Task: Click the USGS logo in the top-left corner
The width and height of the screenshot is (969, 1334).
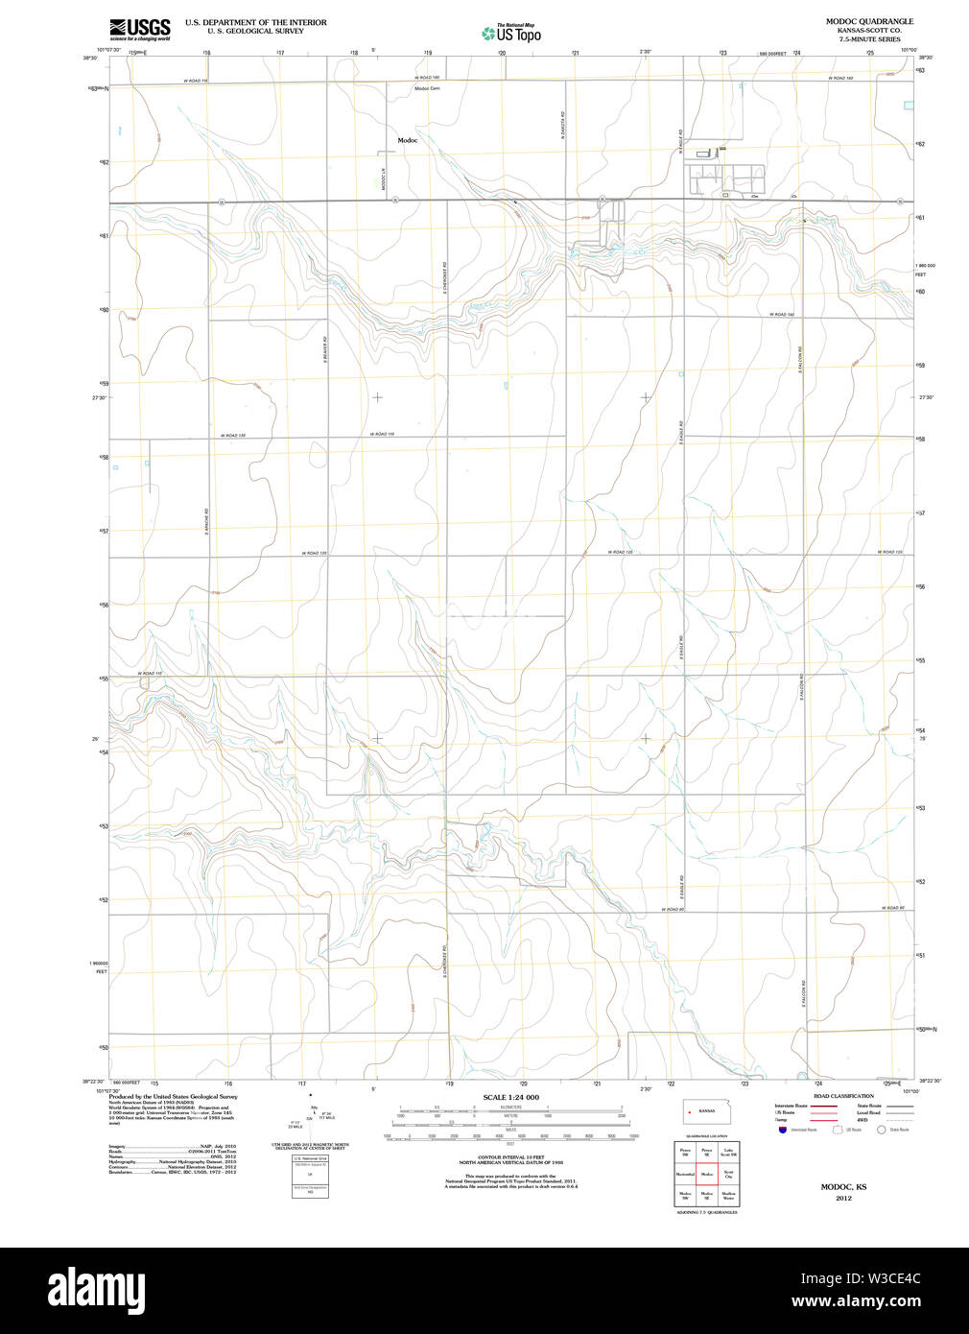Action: click(x=140, y=29)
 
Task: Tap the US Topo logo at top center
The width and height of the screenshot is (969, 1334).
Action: click(x=511, y=33)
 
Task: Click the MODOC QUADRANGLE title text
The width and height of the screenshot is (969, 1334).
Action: click(x=869, y=21)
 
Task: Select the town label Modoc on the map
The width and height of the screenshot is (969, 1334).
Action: click(x=408, y=140)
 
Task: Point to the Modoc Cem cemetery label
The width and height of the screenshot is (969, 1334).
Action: click(x=427, y=89)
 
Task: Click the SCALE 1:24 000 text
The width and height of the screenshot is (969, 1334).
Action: click(x=510, y=1097)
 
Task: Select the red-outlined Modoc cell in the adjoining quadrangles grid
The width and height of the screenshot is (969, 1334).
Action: click(x=707, y=1174)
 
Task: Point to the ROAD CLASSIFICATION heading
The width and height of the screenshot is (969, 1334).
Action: click(x=843, y=1096)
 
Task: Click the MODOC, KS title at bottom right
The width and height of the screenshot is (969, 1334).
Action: click(x=843, y=1187)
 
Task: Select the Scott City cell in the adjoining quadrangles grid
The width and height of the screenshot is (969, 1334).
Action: click(x=729, y=1174)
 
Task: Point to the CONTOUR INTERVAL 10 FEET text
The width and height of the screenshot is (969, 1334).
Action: click(x=510, y=1158)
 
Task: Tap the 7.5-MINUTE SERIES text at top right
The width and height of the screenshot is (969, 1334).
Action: click(x=869, y=39)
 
